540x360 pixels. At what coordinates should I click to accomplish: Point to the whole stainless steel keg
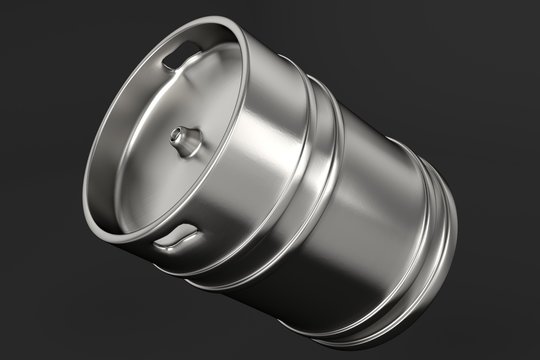[x=280, y=180]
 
